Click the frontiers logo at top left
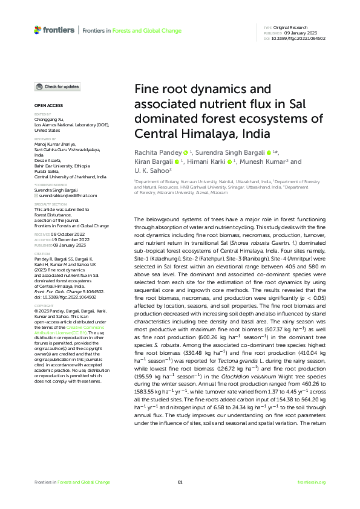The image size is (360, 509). coord(54,30)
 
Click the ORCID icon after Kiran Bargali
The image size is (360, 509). coord(177,162)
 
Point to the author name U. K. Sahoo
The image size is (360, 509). coord(149,172)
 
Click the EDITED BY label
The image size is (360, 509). coord(42,114)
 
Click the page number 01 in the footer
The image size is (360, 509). coord(180,482)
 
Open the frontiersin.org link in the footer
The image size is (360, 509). coord(312,482)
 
